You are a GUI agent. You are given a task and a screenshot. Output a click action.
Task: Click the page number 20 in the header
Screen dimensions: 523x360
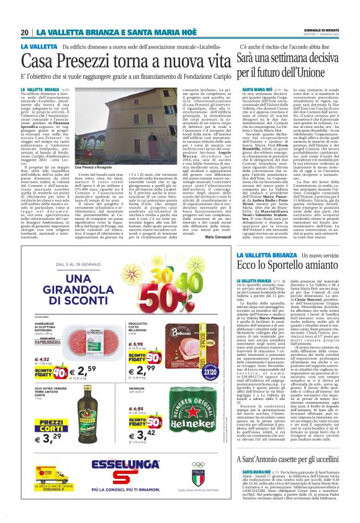click(24, 32)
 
